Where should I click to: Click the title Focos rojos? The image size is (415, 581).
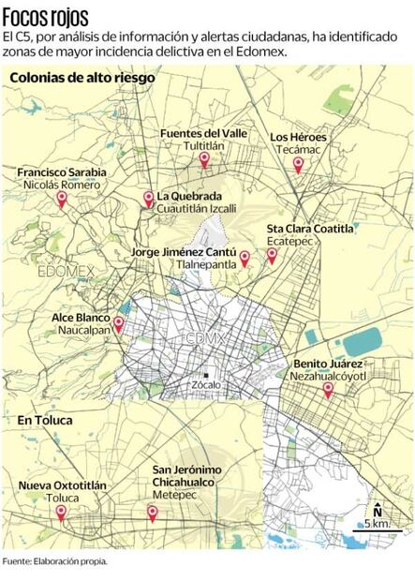tap(46, 16)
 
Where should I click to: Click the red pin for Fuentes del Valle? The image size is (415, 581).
tap(203, 160)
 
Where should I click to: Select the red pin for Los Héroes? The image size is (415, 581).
tap(298, 165)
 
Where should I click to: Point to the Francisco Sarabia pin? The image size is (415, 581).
tap(62, 199)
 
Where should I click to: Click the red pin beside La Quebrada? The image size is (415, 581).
tap(148, 199)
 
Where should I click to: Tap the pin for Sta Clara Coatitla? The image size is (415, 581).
tap(272, 254)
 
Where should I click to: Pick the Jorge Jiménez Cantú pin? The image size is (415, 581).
tap(245, 258)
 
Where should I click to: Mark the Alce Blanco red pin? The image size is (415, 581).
tap(118, 324)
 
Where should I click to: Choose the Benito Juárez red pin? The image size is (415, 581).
tap(327, 389)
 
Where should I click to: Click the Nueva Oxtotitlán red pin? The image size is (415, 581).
tap(62, 513)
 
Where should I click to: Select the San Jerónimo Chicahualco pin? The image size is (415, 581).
tap(152, 513)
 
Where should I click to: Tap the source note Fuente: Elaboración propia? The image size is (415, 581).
tap(54, 561)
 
